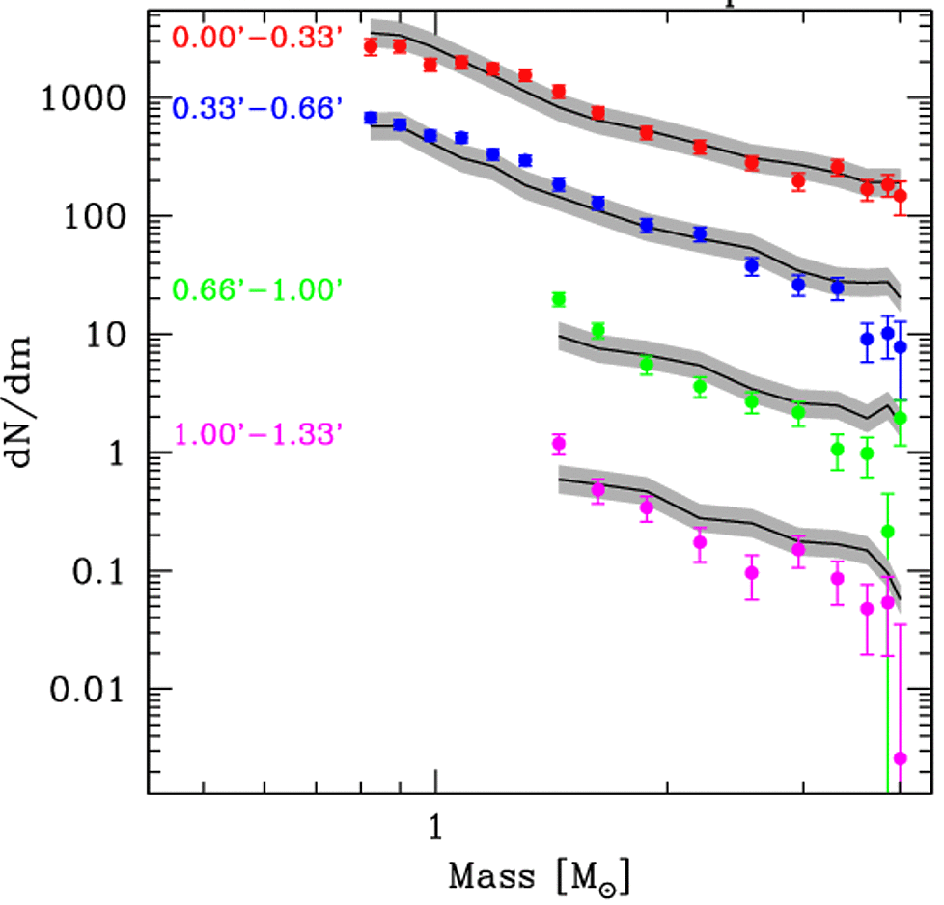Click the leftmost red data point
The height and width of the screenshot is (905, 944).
(x=370, y=46)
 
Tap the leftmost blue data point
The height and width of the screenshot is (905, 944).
(x=370, y=118)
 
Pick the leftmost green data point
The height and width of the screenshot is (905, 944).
(x=558, y=299)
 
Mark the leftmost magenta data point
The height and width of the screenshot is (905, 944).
(x=558, y=444)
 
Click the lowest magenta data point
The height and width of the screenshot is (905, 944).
(x=901, y=758)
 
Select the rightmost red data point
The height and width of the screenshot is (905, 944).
(x=901, y=196)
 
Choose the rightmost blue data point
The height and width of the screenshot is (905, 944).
(x=901, y=346)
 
